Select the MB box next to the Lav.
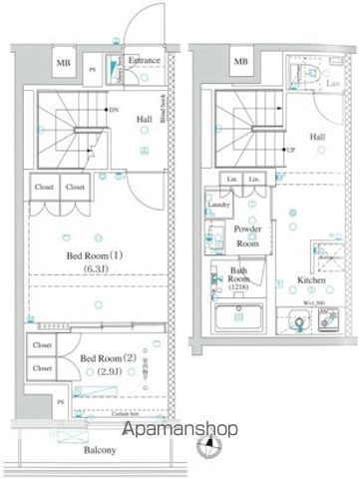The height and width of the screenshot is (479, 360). coord(240,63)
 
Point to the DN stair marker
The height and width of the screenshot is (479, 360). coord(113,112)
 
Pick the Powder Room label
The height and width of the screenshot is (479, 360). coord(247,235)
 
